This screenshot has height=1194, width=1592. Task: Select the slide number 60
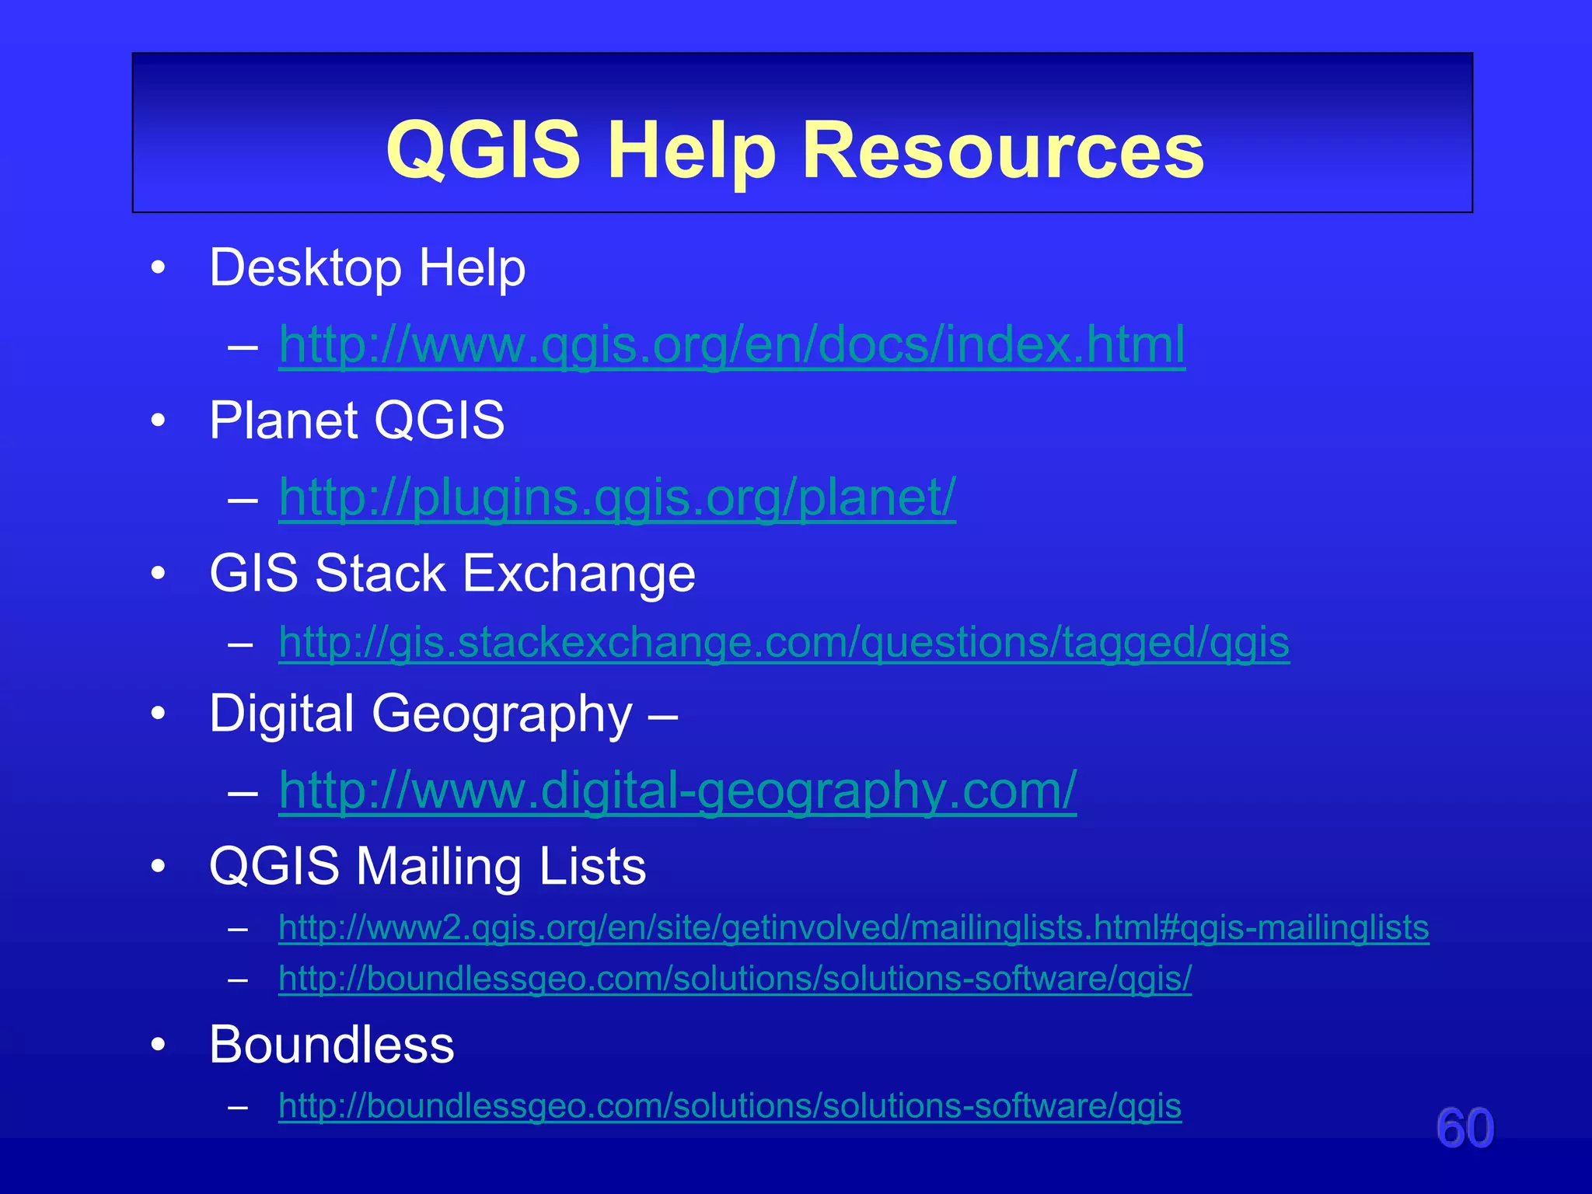pyautogui.click(x=1465, y=1128)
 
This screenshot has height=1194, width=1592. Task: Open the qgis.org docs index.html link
pyautogui.click(x=731, y=345)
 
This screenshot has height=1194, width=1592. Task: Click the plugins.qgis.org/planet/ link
pyautogui.click(x=617, y=497)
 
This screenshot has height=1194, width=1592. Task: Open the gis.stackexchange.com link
pyautogui.click(x=784, y=643)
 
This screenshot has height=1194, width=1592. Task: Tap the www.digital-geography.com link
pyautogui.click(x=677, y=791)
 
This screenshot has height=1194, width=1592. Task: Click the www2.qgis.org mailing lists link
pyautogui.click(x=853, y=928)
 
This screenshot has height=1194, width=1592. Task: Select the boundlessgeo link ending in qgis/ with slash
pyautogui.click(x=735, y=979)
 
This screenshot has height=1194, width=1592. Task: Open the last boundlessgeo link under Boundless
pyautogui.click(x=729, y=1106)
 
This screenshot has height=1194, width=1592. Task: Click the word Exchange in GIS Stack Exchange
pyautogui.click(x=578, y=574)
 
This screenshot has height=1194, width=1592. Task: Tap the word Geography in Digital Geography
pyautogui.click(x=501, y=714)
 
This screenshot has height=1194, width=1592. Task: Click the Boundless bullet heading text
pyautogui.click(x=332, y=1045)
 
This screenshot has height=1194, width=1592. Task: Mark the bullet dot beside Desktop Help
pyautogui.click(x=159, y=269)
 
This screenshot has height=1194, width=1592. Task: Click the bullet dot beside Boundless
pyautogui.click(x=159, y=1046)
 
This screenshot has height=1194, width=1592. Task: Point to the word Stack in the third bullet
pyautogui.click(x=380, y=574)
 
